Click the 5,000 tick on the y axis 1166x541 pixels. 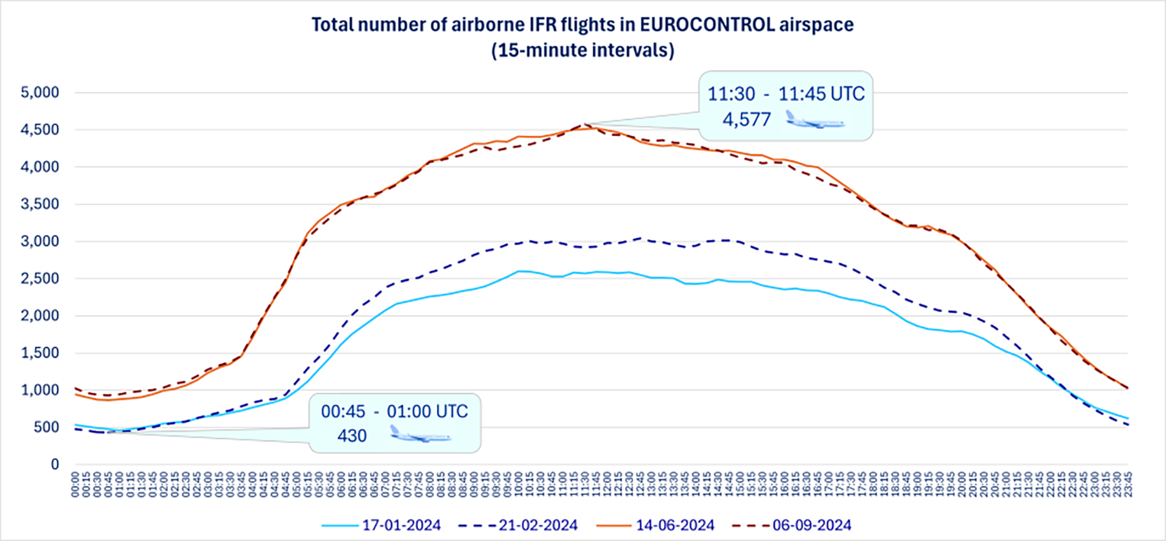coord(40,93)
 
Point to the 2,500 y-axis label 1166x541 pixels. coord(40,279)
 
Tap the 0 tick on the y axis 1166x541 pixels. coord(55,465)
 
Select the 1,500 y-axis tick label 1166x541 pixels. coord(40,353)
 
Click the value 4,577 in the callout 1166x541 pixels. coord(747,120)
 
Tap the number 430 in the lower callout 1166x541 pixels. coord(352,436)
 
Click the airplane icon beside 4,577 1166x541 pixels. coord(815,120)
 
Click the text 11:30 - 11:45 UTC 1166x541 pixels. coord(786,94)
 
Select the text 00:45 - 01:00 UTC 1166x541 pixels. coord(394,412)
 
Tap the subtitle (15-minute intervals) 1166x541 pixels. coord(582,50)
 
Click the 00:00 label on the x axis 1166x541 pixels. coord(76,484)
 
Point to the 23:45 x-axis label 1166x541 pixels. coord(1128,484)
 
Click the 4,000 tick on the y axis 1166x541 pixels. coord(40,167)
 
